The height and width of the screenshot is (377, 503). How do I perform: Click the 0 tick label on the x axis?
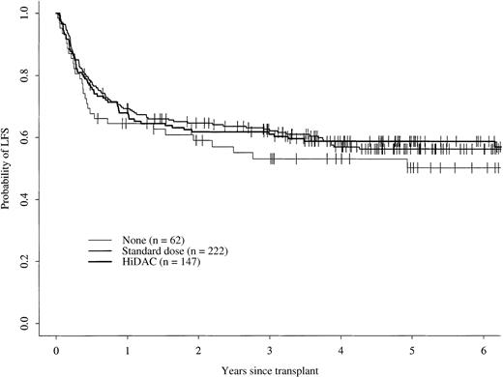coord(57,343)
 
